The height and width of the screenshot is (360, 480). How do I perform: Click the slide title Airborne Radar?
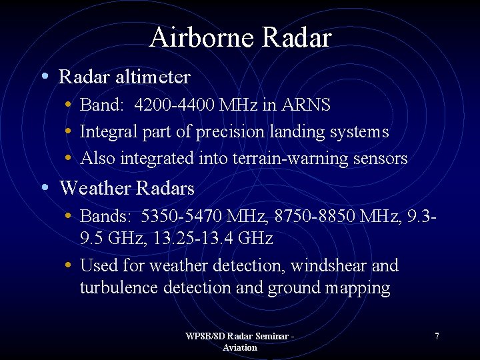(x=240, y=37)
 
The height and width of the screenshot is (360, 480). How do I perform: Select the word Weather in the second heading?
(x=95, y=189)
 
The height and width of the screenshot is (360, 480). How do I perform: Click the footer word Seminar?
(x=263, y=337)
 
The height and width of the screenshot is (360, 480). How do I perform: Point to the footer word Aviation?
(x=239, y=347)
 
